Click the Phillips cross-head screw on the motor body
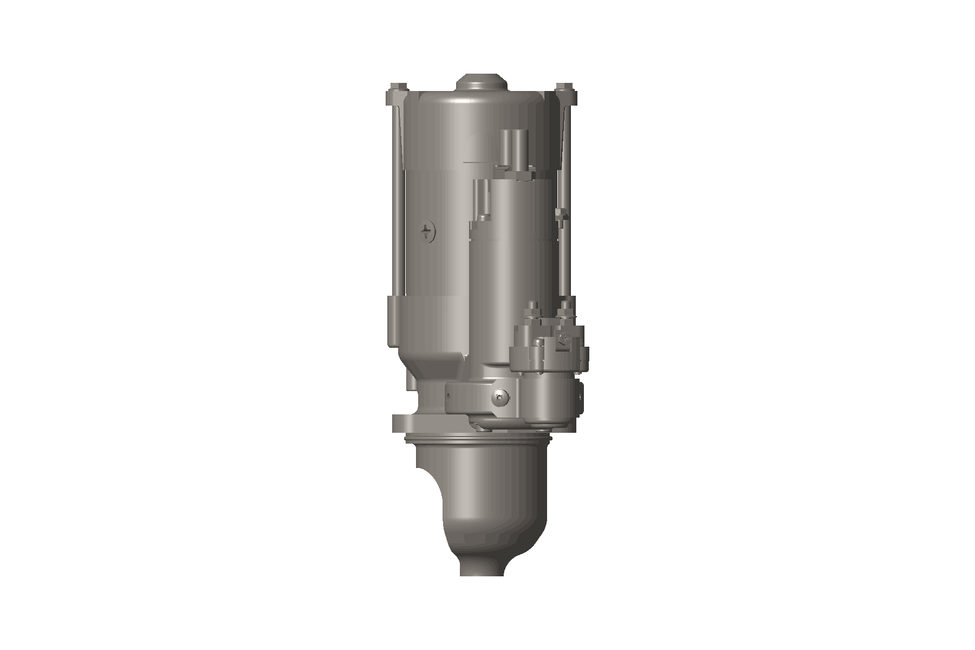coord(428,232)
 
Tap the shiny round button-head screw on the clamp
coord(499,398)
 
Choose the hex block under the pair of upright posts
coord(520,174)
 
